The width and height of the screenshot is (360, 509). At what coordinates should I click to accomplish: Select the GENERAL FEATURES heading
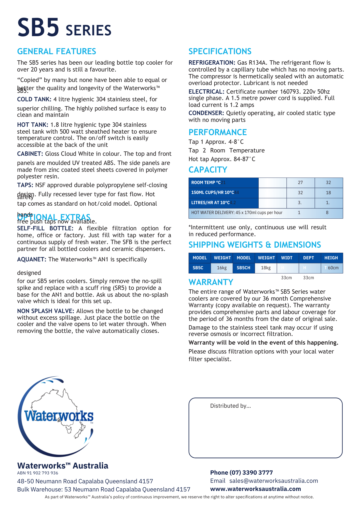pyautogui.click(x=57, y=51)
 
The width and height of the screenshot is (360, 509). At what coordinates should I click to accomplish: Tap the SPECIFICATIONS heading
pyautogui.click(x=220, y=51)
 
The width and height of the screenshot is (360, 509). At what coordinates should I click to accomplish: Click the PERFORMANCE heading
pyautogui.click(x=218, y=132)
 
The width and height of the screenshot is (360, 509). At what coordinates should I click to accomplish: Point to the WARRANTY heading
pyautogui.click(x=211, y=282)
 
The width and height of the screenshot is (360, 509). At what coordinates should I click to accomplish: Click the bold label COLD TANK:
pyautogui.click(x=34, y=99)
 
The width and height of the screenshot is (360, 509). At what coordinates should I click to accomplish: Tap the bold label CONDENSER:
pyautogui.click(x=206, y=113)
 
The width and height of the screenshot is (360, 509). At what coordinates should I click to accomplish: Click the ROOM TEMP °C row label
pyautogui.click(x=206, y=182)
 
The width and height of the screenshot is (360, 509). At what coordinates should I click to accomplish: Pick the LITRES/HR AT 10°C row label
pyautogui.click(x=210, y=203)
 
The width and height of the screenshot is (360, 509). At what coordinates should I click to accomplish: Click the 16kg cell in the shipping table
pyautogui.click(x=222, y=268)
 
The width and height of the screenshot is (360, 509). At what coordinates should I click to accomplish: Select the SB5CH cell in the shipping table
pyautogui.click(x=243, y=268)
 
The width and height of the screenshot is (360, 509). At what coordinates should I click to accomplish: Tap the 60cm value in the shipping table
pyautogui.click(x=333, y=268)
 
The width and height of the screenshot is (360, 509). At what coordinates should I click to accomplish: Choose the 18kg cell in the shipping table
pyautogui.click(x=266, y=268)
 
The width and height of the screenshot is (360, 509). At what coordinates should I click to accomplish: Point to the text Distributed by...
pyautogui.click(x=230, y=406)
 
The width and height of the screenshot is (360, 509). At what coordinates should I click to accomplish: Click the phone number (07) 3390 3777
pyautogui.click(x=251, y=473)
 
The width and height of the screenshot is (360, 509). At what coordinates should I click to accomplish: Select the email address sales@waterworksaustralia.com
pyautogui.click(x=274, y=481)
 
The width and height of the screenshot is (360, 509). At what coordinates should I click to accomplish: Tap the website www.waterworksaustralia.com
pyautogui.click(x=255, y=489)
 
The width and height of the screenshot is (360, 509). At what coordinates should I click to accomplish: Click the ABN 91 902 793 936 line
pyautogui.click(x=38, y=473)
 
